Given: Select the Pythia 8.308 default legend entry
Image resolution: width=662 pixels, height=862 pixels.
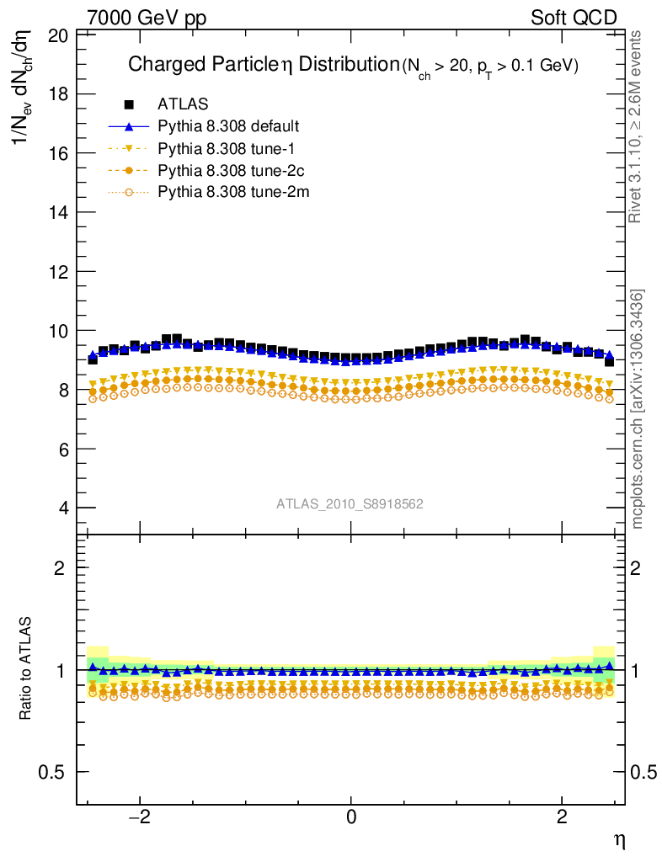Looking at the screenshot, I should [228, 126].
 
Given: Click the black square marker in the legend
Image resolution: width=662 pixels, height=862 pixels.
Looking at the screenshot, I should [129, 104].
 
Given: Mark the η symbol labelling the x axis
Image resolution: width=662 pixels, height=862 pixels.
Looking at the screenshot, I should [619, 839].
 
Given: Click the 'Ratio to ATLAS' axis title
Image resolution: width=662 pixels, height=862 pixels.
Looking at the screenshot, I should [27, 668].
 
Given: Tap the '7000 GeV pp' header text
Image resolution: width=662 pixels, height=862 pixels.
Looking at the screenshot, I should [147, 18].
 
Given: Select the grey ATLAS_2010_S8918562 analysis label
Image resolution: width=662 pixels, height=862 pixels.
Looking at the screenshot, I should [350, 504].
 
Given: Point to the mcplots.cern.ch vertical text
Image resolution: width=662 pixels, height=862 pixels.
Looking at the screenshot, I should [638, 409].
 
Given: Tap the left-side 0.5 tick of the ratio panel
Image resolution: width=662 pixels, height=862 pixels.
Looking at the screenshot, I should [55, 773].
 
